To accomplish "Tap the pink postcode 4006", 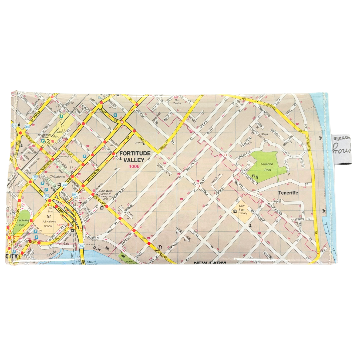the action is [135, 167].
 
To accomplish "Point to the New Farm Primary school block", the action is [242, 210].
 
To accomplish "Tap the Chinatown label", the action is [56, 176].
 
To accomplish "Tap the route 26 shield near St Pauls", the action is [27, 127].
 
